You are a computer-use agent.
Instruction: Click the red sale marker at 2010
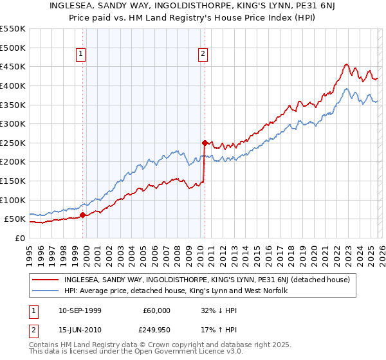click(x=205, y=143)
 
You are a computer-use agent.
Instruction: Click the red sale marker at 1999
click(x=82, y=215)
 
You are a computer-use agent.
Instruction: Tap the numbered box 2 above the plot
click(x=203, y=55)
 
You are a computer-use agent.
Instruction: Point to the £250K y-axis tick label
click(x=12, y=143)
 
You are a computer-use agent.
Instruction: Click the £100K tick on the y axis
click(x=12, y=200)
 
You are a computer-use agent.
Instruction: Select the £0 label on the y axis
click(x=19, y=238)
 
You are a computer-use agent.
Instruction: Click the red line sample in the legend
click(x=46, y=280)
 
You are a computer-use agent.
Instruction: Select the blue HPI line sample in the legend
click(x=46, y=291)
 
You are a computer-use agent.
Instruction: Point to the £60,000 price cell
click(x=156, y=310)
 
